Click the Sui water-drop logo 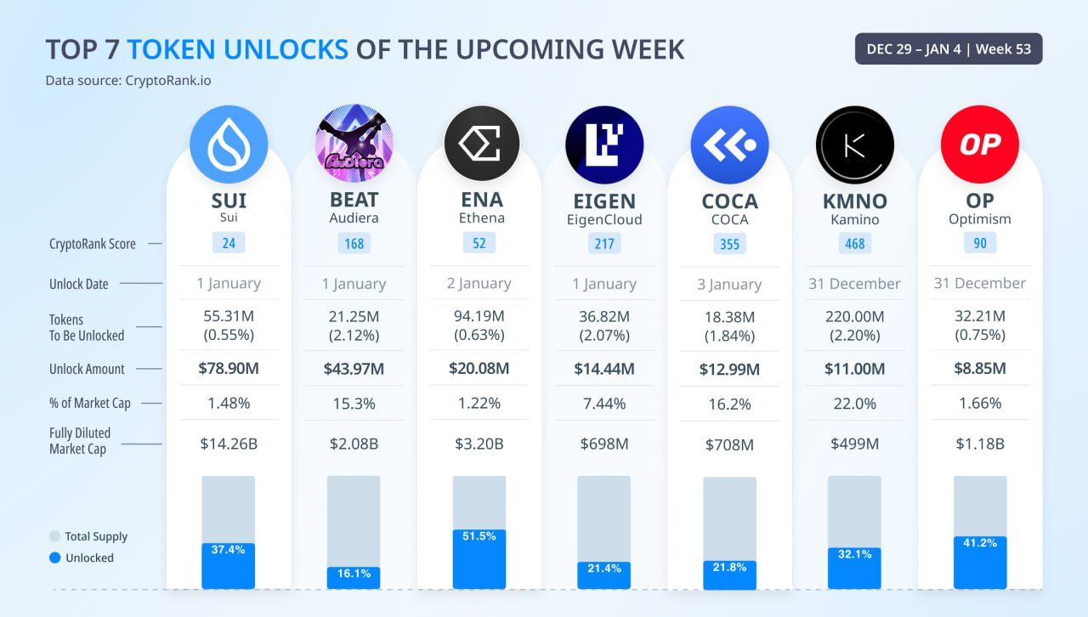pyautogui.click(x=229, y=144)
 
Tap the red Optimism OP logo pyautogui.click(x=980, y=144)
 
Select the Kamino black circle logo pyautogui.click(x=855, y=144)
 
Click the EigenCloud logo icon pyautogui.click(x=604, y=144)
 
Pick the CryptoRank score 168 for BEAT pyautogui.click(x=354, y=244)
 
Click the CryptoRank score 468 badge pyautogui.click(x=855, y=244)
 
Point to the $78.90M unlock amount pyautogui.click(x=229, y=369)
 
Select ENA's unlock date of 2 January pyautogui.click(x=479, y=284)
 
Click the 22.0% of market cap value pyautogui.click(x=855, y=403)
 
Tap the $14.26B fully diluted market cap pyautogui.click(x=229, y=444)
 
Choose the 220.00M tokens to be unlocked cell pyautogui.click(x=855, y=325)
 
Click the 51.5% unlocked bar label pyautogui.click(x=479, y=536)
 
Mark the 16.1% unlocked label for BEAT pyautogui.click(x=354, y=574)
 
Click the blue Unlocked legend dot pyautogui.click(x=55, y=558)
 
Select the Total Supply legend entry pyautogui.click(x=88, y=536)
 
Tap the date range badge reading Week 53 pyautogui.click(x=949, y=49)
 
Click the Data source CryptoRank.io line pyautogui.click(x=128, y=81)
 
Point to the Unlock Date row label pyautogui.click(x=79, y=284)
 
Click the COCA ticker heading pyautogui.click(x=729, y=201)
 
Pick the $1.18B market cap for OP pyautogui.click(x=980, y=444)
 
